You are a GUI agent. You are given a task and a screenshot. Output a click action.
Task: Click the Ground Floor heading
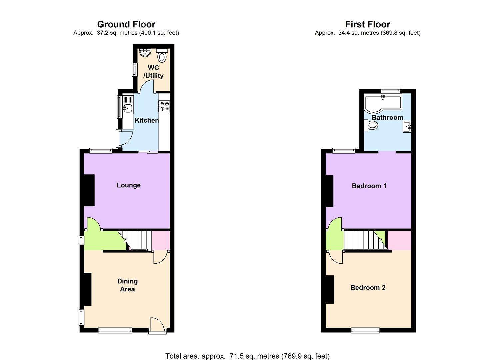click(x=126, y=24)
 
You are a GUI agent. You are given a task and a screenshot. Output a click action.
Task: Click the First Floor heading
click(x=367, y=24)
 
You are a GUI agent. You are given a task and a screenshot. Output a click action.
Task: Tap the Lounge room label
click(x=129, y=185)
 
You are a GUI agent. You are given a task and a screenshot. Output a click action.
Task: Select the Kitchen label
click(x=147, y=120)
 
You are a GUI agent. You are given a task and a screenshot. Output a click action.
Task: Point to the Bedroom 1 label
click(x=369, y=186)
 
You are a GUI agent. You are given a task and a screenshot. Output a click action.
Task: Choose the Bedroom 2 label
click(x=368, y=287)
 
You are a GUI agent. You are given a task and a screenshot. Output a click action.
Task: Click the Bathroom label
click(x=387, y=117)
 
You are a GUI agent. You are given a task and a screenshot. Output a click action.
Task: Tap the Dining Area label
click(x=127, y=285)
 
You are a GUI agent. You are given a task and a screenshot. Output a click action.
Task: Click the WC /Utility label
click(x=153, y=72)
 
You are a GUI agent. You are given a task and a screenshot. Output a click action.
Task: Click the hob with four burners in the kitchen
click(x=164, y=106)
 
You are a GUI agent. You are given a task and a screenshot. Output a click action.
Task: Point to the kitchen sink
click(x=128, y=108)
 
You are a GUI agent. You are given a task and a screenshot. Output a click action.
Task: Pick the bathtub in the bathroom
click(x=383, y=102)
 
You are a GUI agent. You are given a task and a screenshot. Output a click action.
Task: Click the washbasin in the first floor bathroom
click(x=407, y=127)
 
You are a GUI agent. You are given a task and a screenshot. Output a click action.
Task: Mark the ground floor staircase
click(x=138, y=240)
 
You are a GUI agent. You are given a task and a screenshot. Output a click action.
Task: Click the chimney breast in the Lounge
click(x=89, y=190)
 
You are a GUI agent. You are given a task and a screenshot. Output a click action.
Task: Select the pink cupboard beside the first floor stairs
click(x=399, y=240)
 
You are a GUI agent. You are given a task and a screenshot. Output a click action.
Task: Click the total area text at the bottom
click(x=247, y=356)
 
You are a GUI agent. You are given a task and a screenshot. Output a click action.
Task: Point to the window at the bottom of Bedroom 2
click(x=365, y=330)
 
